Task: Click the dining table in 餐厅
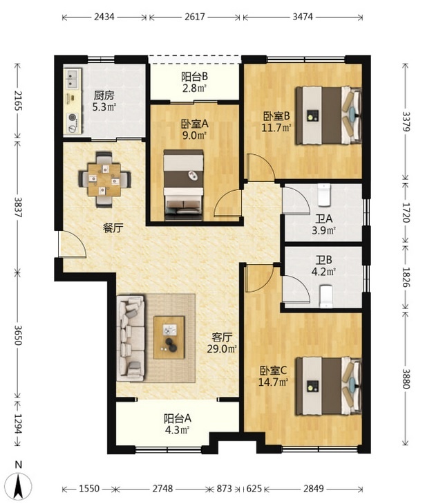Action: coord(104,179)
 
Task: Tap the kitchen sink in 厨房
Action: coord(73,78)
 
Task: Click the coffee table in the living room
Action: coord(169,337)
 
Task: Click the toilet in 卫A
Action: coord(324,194)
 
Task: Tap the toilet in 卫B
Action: coord(326,297)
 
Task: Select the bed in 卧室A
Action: coord(183,185)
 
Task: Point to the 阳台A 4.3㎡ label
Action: coord(178,424)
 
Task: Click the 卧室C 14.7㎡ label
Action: coord(274,376)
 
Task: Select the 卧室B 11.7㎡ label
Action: coord(276,122)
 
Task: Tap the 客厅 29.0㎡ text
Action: coord(222,343)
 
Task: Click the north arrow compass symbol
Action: coord(19,484)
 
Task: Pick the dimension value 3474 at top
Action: coord(302,17)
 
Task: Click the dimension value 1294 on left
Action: coord(18,423)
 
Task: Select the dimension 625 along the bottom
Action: coord(254,489)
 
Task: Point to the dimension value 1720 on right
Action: coord(406,213)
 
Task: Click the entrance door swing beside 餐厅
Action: coord(73,244)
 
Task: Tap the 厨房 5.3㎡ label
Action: coord(104,101)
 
